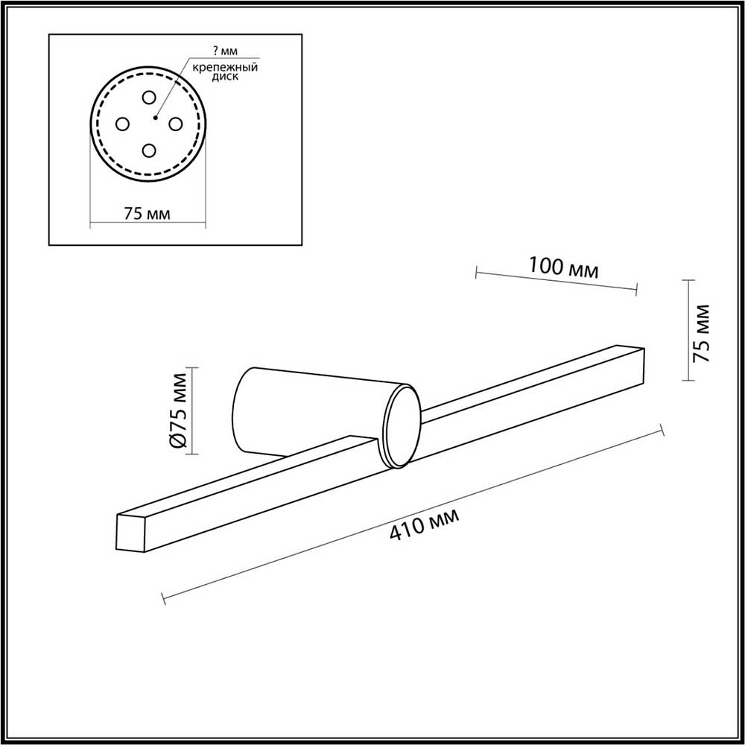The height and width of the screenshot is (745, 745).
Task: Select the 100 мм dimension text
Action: click(x=563, y=267)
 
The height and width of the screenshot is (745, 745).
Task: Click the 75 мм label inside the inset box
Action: click(x=147, y=213)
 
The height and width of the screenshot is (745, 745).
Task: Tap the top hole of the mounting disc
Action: click(x=149, y=98)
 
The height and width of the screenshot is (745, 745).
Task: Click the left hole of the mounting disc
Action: click(x=122, y=124)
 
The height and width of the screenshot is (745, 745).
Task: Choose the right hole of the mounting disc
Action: click(x=175, y=124)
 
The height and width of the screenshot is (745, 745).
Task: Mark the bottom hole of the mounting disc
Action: click(x=149, y=150)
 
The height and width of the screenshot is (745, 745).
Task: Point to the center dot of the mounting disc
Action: click(x=154, y=118)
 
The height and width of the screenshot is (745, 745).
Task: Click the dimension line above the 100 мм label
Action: click(x=556, y=282)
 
